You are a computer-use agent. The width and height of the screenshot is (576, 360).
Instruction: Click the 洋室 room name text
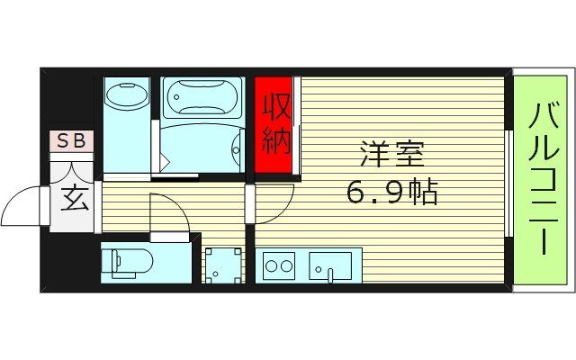click(x=391, y=156)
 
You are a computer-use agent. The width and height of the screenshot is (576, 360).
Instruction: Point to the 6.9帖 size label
click(x=391, y=191)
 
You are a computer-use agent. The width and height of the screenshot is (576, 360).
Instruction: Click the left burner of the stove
click(x=270, y=265)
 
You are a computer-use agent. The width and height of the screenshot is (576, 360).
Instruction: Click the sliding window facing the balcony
click(x=509, y=180)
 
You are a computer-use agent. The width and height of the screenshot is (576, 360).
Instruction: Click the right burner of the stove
click(x=287, y=265)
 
